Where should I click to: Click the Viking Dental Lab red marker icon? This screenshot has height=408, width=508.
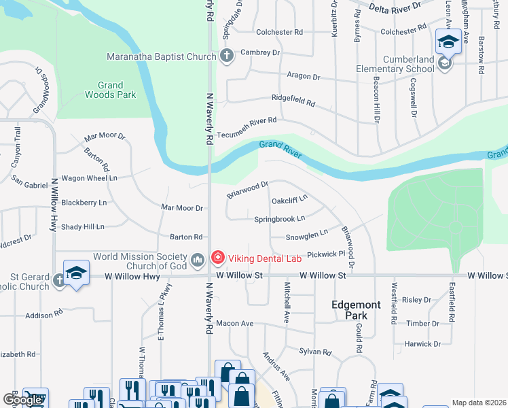click(x=217, y=257)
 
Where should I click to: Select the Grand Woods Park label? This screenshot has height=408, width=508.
click(x=105, y=90)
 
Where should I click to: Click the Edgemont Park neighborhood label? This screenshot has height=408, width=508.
click(x=350, y=310)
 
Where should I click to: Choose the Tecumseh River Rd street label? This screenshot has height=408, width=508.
click(x=247, y=120)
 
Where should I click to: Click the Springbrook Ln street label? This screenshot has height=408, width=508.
click(x=279, y=219)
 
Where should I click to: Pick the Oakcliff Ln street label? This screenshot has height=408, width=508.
click(x=290, y=201)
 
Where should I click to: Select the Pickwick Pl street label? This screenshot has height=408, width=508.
click(x=326, y=254)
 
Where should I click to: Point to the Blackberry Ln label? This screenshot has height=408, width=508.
click(x=84, y=203)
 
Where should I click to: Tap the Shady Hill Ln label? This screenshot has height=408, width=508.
click(x=82, y=226)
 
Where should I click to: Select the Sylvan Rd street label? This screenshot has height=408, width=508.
click(x=315, y=352)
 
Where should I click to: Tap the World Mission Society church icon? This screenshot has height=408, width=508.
click(x=198, y=259)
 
